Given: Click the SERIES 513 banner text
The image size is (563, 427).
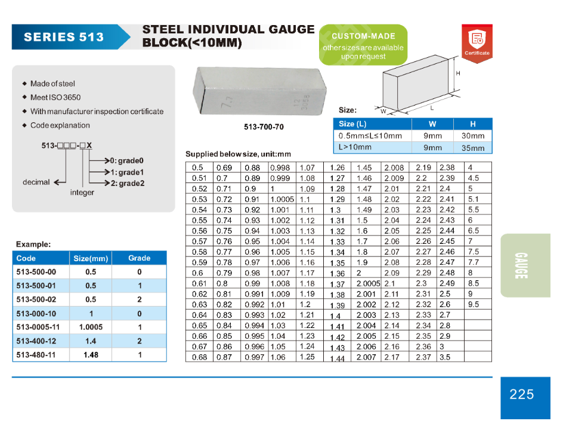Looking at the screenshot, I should (64, 37).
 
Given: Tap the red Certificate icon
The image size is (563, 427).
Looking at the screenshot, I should (477, 42).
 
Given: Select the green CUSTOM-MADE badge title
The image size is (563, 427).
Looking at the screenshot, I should (363, 36).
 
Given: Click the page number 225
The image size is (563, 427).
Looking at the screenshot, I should (522, 394).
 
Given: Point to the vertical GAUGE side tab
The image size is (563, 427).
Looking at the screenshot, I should (521, 266).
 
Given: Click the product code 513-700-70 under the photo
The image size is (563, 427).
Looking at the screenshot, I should (264, 127).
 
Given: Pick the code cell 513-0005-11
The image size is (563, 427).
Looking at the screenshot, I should (38, 327).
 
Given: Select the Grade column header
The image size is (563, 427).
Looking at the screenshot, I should (139, 258).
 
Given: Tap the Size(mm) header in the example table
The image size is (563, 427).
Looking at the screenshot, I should (91, 258).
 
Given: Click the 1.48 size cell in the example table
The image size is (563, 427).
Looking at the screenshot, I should (90, 355).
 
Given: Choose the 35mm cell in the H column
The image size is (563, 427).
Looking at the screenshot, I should (473, 148).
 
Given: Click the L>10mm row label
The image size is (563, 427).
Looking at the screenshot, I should (355, 147).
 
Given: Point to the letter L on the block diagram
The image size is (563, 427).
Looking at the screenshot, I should (432, 108).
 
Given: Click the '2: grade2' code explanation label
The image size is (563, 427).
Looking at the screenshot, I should (128, 183).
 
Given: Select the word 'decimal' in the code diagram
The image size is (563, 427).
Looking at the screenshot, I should (36, 182).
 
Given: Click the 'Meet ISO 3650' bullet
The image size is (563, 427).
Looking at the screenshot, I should (55, 97).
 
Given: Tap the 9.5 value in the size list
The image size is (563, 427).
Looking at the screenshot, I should (474, 304).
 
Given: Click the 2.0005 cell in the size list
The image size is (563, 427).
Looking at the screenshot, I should (368, 283).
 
